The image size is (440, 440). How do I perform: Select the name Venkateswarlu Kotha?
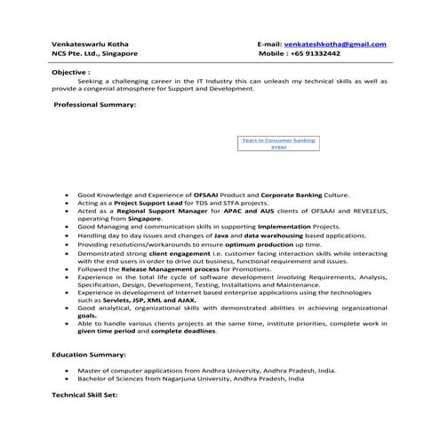tap(88, 44)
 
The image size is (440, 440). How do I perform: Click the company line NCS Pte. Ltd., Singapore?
tap(94, 53)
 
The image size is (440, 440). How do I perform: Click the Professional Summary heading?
tap(94, 105)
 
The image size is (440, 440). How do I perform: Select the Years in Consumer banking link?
tap(278, 140)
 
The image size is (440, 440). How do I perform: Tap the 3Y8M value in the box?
tap(278, 148)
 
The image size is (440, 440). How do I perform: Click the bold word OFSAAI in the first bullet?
tap(206, 194)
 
